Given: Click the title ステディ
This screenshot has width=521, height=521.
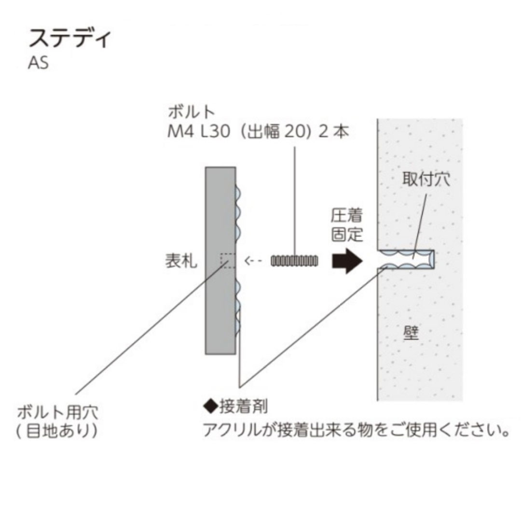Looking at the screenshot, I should (x=70, y=39).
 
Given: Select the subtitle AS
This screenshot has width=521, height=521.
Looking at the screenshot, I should (x=39, y=63).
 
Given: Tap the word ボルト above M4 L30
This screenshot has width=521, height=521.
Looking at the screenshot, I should (x=191, y=112).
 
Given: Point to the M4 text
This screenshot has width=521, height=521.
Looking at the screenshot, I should (x=180, y=131).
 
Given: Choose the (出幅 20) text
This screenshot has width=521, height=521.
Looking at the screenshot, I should (x=274, y=131).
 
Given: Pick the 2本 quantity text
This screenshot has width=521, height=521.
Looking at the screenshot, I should (x=334, y=131).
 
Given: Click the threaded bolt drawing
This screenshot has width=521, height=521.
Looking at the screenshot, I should (x=295, y=261).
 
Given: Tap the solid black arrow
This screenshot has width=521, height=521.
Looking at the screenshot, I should (x=346, y=261).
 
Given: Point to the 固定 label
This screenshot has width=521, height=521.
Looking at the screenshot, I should (x=346, y=235).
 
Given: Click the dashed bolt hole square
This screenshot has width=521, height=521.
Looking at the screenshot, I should (x=228, y=261).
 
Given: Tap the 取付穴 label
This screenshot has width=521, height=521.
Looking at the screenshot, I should (x=426, y=179).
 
